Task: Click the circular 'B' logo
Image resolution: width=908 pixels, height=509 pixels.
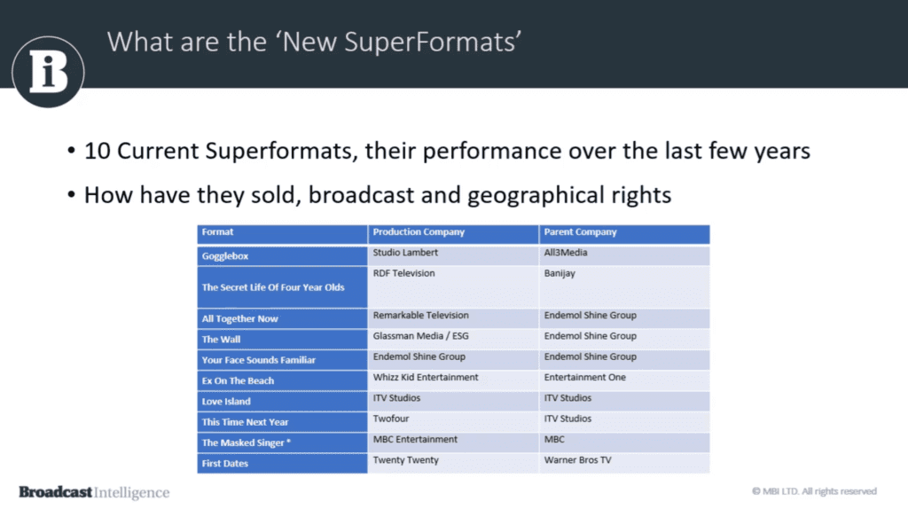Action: [48, 72]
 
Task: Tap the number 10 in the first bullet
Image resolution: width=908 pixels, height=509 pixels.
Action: [98, 151]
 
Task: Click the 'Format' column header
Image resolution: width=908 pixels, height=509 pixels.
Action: [218, 231]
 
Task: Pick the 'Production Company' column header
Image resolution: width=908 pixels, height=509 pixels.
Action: [419, 231]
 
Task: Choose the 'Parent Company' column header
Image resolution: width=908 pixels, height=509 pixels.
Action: [580, 231]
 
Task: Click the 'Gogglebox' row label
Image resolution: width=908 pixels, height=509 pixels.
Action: [225, 256]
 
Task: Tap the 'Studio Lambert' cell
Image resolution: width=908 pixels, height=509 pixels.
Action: [405, 253]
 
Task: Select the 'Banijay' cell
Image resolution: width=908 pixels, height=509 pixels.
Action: [560, 273]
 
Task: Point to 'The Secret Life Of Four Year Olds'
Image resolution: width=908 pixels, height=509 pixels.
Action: [273, 287]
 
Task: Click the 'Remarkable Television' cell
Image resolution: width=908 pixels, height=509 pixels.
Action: [421, 315]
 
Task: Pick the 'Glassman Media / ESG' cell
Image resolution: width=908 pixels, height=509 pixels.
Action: [421, 336]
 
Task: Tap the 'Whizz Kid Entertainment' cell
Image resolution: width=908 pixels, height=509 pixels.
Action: [426, 377]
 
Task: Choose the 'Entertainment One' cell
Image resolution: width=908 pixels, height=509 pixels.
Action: [585, 377]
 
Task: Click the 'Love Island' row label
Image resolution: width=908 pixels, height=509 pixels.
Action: [226, 402]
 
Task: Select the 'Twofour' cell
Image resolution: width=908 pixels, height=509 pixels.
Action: [391, 419]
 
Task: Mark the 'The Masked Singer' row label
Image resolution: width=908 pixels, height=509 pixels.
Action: [247, 442]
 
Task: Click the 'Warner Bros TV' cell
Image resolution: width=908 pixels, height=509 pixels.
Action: [577, 459]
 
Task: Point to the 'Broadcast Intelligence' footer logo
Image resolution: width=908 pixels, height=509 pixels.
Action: [94, 492]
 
